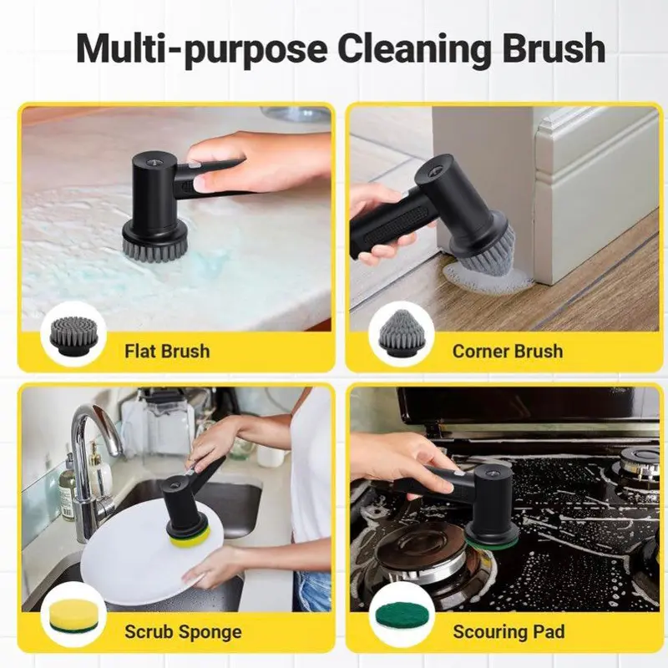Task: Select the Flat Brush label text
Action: [167, 352]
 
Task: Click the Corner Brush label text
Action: [508, 352]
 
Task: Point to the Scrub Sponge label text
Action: [183, 632]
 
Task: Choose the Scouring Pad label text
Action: [509, 632]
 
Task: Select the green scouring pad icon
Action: [401, 615]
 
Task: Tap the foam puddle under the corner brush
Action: [486, 276]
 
